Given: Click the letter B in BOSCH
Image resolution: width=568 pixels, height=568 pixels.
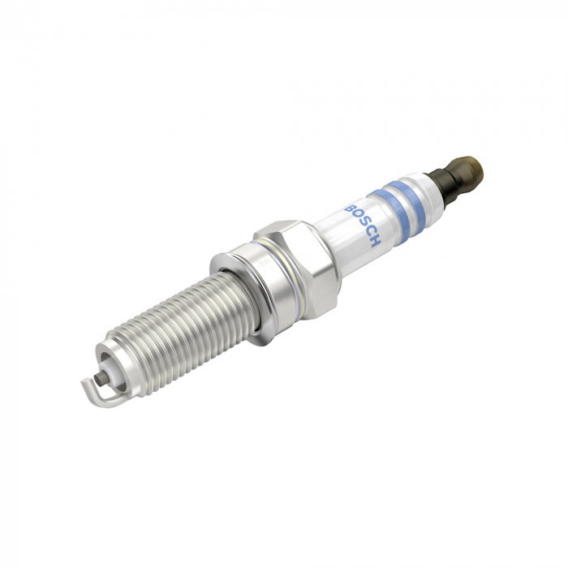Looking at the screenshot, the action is tap(350, 209).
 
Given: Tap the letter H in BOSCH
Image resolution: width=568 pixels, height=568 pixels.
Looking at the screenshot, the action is tap(376, 241).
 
